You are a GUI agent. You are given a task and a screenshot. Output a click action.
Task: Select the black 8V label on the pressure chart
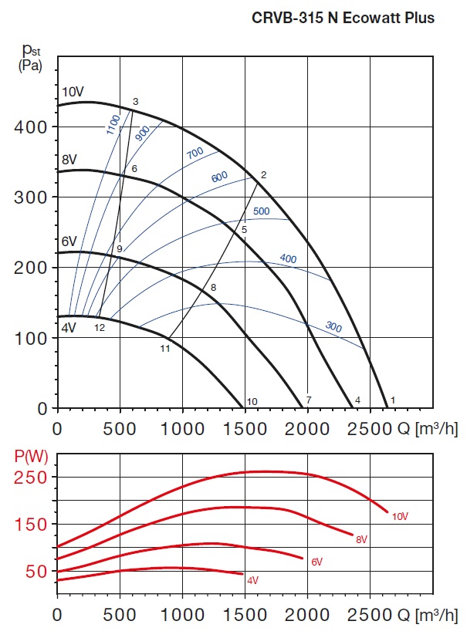[69, 160]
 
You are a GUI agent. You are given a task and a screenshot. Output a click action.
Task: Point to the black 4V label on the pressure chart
[69, 327]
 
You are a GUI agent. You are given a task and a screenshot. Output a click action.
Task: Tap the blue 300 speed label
[333, 326]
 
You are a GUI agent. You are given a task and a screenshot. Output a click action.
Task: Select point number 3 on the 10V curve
[135, 102]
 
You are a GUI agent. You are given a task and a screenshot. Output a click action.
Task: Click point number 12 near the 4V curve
[100, 327]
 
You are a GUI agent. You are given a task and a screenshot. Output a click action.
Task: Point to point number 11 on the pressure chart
[164, 349]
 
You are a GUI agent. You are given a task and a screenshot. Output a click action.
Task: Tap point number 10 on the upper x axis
[251, 402]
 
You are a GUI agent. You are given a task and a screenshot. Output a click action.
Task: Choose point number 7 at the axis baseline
[309, 400]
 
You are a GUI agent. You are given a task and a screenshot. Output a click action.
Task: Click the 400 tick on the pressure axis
[29, 127]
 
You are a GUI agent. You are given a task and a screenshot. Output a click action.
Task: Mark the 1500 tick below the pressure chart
[245, 428]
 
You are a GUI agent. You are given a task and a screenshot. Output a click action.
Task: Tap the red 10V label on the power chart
[399, 516]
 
